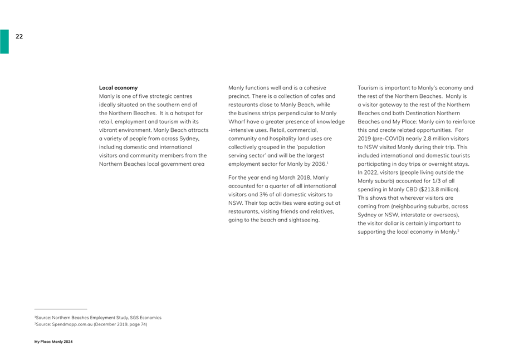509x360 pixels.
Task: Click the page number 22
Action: tap(19, 36)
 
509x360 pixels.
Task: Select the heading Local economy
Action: tap(118, 88)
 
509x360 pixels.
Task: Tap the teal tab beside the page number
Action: tap(4, 42)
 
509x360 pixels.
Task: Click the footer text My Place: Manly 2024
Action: tap(53, 341)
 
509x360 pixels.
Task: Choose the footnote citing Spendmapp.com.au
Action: tap(90, 324)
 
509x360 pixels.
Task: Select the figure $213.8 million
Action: tap(439, 189)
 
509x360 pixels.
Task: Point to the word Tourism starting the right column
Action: tap(368, 88)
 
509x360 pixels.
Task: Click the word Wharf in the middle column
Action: tap(237, 121)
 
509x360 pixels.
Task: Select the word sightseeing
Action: tap(304, 220)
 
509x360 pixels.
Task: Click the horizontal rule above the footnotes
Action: tap(61, 309)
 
